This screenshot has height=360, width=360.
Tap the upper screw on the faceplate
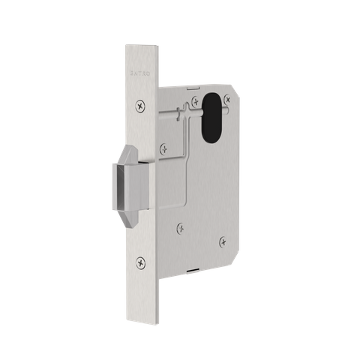(x=139, y=106)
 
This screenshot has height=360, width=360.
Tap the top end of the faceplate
(x=139, y=49)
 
